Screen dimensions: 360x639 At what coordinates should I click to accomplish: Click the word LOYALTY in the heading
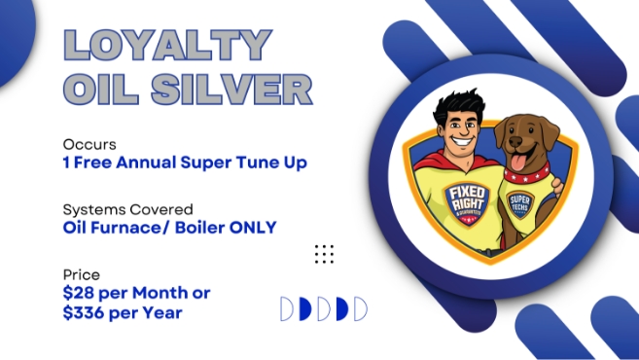[166, 47]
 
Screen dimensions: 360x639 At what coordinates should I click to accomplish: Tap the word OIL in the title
[98, 90]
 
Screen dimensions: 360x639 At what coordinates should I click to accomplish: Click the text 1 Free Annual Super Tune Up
[185, 162]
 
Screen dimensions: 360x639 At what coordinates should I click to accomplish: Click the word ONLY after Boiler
[250, 229]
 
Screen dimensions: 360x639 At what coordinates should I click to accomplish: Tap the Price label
[81, 275]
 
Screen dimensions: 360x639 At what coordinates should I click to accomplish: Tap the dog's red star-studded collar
[525, 181]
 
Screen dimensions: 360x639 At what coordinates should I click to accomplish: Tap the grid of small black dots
[324, 255]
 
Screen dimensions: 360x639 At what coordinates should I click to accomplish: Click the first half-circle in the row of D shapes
[287, 309]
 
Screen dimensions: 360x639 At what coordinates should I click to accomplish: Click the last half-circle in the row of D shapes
[360, 309]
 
